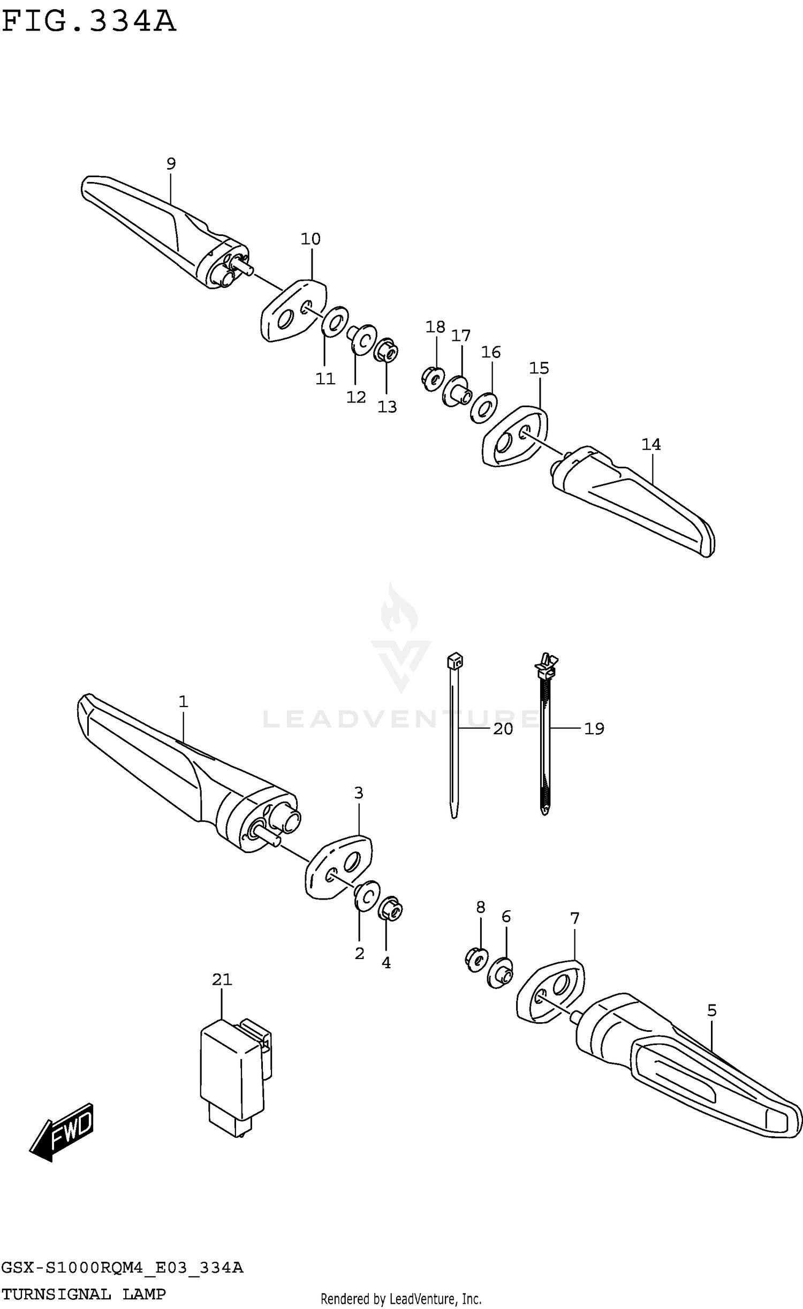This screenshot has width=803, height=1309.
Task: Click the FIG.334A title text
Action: point(89,22)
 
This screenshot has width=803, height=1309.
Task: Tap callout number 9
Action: point(171,164)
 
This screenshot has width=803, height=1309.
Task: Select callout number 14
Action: point(651,444)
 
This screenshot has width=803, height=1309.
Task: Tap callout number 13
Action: point(387,407)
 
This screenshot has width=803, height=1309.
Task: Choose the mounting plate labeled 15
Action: point(515,437)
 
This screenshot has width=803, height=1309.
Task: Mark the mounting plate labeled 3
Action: point(338,867)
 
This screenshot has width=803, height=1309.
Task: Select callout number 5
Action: point(711,1010)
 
